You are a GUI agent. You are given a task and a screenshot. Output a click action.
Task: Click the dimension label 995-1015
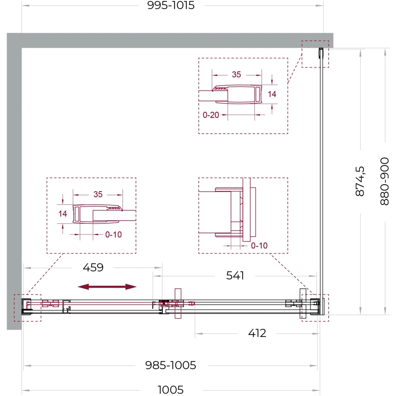tap(171, 6)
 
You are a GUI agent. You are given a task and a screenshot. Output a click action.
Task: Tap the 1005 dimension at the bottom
tap(170, 389)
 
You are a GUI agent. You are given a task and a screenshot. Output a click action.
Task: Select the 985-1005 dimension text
tap(171, 365)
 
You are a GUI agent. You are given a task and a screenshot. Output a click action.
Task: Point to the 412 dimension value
tap(257, 333)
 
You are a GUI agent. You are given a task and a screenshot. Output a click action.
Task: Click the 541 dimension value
tap(235, 276)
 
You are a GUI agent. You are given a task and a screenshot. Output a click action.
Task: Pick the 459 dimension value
tap(93, 268)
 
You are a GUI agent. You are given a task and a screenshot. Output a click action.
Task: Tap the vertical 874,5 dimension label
tap(360, 181)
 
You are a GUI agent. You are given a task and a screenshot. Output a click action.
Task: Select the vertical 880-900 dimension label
tap(384, 181)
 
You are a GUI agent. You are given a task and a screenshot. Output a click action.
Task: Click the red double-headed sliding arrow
tap(107, 287)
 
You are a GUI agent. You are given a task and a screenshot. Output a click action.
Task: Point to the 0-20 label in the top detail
tap(211, 115)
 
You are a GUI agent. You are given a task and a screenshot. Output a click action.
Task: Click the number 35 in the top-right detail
tap(236, 75)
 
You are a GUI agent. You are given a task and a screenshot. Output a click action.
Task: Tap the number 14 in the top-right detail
tap(272, 94)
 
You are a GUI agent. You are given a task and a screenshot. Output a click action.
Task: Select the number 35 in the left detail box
tap(98, 194)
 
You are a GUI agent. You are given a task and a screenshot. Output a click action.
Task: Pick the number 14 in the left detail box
tap(63, 214)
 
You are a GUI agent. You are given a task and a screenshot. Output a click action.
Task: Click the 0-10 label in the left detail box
tap(114, 235)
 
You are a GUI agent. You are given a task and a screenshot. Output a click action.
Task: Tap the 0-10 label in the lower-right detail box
tap(259, 246)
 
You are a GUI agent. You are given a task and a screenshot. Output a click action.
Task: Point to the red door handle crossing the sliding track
tap(178, 304)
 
